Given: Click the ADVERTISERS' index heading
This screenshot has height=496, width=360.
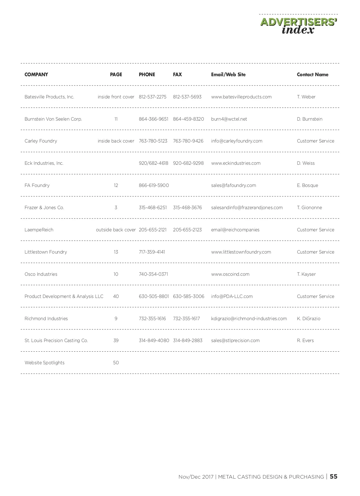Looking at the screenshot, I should tap(299, 26).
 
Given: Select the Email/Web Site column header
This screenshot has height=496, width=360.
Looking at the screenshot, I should tap(228, 74).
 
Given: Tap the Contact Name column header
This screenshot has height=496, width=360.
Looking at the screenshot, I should tap(312, 74).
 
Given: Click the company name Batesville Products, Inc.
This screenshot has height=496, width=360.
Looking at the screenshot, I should tap(49, 97).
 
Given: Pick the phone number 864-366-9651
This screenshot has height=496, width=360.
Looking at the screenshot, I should tap(153, 119).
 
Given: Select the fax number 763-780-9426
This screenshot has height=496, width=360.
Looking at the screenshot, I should tap(188, 141).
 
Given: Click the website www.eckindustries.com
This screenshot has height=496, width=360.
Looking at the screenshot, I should tap(236, 163).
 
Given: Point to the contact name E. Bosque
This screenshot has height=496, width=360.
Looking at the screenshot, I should tap(307, 185).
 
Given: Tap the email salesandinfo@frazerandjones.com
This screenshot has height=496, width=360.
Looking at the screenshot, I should tap(247, 208).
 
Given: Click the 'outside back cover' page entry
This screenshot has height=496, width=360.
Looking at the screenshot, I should tap(116, 230).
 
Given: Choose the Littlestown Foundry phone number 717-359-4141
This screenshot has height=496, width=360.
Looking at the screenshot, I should tap(152, 252).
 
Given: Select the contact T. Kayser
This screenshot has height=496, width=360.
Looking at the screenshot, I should tap(306, 274).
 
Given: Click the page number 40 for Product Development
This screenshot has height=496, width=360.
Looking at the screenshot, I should tap(116, 296).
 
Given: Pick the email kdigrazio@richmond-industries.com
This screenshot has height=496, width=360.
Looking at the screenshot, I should tap(249, 319).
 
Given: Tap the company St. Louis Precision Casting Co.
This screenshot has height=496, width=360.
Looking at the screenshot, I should tap(56, 341).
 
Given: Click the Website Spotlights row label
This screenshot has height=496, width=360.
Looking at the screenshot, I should tap(44, 363).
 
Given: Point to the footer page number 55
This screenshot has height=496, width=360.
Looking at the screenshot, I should tap(333, 477).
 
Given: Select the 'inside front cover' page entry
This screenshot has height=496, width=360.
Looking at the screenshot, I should tap(116, 97).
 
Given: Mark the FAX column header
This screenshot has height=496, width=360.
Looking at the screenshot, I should tap(177, 74).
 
